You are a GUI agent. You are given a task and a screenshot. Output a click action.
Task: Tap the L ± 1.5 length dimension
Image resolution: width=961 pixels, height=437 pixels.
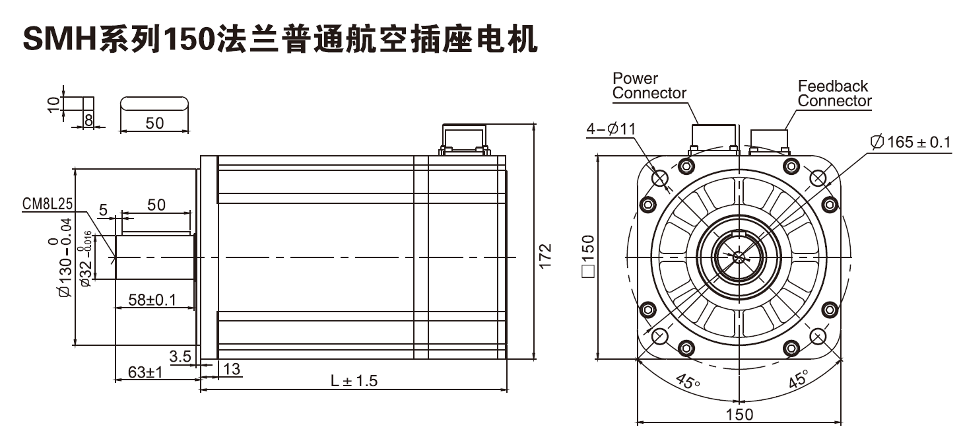(354, 381)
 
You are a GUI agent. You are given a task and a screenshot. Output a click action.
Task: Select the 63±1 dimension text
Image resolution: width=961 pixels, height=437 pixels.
(145, 373)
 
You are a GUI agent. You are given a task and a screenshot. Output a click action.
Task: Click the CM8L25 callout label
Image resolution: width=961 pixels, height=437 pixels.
(48, 205)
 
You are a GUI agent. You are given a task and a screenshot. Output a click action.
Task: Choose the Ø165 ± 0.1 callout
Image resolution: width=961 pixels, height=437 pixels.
(910, 142)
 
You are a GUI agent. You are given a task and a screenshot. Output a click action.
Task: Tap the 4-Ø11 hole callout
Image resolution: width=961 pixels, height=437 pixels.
(611, 129)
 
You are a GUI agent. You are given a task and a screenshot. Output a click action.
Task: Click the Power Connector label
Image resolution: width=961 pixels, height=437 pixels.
(649, 86)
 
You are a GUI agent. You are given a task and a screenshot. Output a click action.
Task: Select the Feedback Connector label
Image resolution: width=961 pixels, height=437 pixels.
(834, 94)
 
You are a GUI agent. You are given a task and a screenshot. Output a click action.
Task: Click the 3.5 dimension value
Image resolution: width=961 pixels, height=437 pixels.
(180, 356)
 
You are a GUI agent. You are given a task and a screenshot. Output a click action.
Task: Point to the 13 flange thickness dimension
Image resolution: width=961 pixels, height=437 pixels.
(232, 369)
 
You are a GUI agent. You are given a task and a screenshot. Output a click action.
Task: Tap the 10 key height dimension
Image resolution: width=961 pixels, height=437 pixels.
(53, 103)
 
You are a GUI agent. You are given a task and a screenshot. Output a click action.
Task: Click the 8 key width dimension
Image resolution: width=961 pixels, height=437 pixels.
(87, 119)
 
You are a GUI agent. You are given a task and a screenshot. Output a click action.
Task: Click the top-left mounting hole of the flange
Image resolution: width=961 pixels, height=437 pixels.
(660, 177)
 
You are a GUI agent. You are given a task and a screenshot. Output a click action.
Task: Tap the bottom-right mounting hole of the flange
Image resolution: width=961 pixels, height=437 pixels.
(818, 336)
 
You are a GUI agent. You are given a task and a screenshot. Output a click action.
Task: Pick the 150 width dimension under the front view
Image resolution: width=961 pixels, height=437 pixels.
(739, 414)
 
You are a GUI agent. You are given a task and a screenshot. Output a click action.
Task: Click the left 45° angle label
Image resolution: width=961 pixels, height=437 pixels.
(687, 382)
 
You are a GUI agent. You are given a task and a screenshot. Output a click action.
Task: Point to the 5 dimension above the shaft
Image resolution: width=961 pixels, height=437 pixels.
(103, 210)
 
